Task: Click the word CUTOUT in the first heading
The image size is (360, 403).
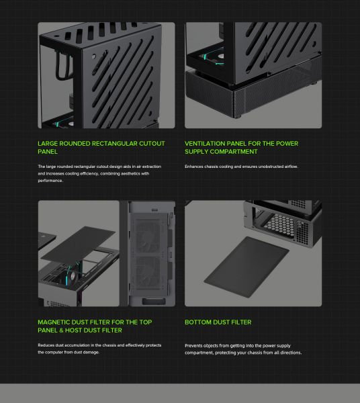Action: click(x=152, y=144)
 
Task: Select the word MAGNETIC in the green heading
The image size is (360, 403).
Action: click(x=54, y=322)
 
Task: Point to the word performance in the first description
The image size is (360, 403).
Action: click(x=50, y=181)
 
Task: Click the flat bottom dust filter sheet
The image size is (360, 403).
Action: click(x=246, y=267)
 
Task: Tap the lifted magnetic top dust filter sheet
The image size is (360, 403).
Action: click(x=78, y=243)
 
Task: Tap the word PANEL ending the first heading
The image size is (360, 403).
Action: click(x=48, y=152)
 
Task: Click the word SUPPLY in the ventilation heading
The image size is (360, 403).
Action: click(x=196, y=152)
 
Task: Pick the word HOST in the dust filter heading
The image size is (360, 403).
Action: click(x=73, y=330)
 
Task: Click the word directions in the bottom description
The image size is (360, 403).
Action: click(x=291, y=353)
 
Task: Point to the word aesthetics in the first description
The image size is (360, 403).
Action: click(x=130, y=174)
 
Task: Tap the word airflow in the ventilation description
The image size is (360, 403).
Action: click(x=291, y=167)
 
